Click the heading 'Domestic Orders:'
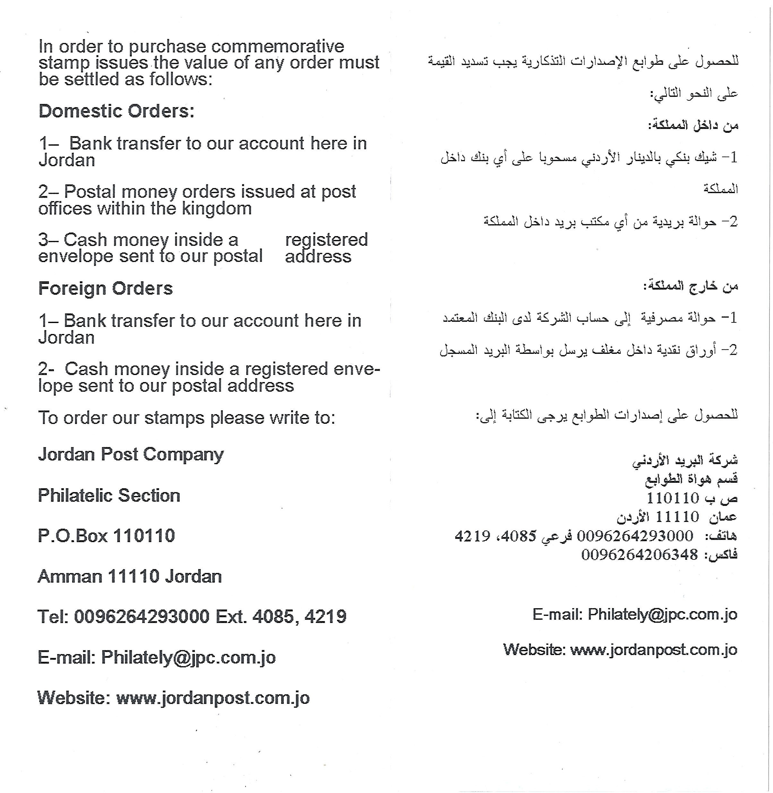[x=116, y=111]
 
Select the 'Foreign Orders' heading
[x=105, y=288]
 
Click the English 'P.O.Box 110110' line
[x=106, y=536]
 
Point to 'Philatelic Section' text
[x=109, y=496]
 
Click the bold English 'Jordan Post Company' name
[x=131, y=454]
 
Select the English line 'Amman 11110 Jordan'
[x=130, y=576]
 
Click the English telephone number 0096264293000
[x=142, y=617]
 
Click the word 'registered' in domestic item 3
[x=326, y=240]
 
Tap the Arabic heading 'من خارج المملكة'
[x=691, y=286]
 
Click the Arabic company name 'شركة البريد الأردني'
[x=685, y=461]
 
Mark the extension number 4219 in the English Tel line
[x=325, y=617]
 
